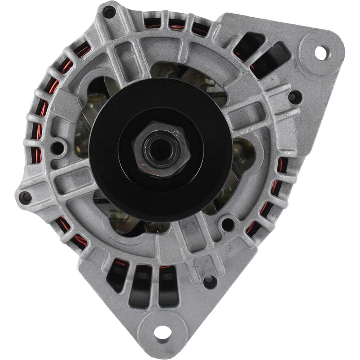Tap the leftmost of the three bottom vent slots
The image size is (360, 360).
pos(117,274)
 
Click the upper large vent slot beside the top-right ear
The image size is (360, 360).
pos(250,45)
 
